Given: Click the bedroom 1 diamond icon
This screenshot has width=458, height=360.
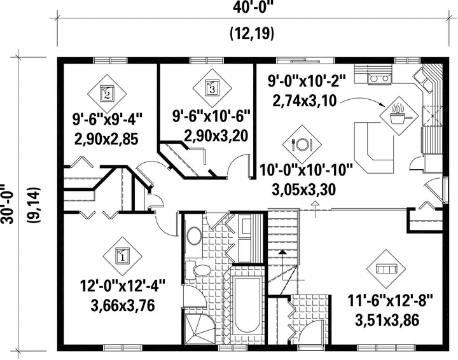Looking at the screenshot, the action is (x=122, y=256).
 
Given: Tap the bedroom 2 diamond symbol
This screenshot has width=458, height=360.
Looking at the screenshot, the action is (x=107, y=93).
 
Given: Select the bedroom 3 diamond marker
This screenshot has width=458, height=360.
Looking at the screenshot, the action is (x=212, y=88).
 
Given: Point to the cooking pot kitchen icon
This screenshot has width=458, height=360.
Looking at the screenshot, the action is (x=399, y=116).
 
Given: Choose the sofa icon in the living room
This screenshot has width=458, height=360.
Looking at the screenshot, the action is (x=386, y=268).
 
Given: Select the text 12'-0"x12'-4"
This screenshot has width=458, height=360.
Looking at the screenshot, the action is (x=123, y=286).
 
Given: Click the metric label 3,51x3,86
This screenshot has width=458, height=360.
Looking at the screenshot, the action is (x=387, y=321).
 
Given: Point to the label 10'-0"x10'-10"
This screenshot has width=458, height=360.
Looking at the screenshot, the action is (x=307, y=170).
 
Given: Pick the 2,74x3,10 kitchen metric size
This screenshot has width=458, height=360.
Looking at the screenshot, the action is (x=305, y=101).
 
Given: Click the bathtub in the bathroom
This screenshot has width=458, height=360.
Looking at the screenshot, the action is (x=247, y=305).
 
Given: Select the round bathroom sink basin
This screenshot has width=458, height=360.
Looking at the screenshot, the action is (x=194, y=237).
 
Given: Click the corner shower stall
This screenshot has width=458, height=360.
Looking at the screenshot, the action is (x=200, y=328).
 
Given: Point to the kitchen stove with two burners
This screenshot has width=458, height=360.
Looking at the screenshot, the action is (x=380, y=78).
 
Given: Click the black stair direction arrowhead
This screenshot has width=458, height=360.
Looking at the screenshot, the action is (x=282, y=253).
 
